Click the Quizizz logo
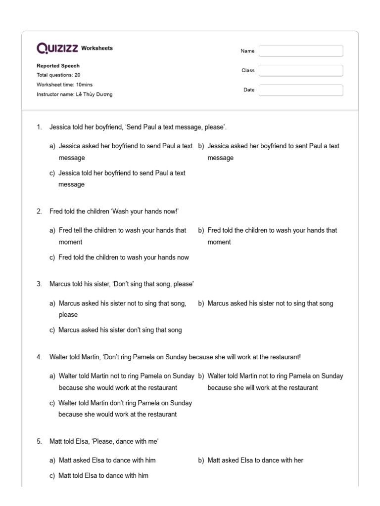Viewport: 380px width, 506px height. click(57, 48)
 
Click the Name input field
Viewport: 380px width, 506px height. click(301, 51)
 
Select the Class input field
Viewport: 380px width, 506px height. click(301, 71)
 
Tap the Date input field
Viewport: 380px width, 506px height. click(301, 90)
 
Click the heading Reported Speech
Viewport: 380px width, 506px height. click(58, 66)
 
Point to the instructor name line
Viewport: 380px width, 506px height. click(74, 94)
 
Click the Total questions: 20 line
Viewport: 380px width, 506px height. click(58, 75)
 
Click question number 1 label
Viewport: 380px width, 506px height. click(39, 127)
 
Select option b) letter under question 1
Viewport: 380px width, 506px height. click(201, 146)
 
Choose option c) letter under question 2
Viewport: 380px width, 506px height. click(52, 257)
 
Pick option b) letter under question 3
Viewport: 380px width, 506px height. click(201, 303)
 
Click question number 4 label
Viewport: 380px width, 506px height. click(39, 357)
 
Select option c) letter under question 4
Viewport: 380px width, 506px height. click(52, 403)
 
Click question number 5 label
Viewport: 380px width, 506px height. click(39, 441)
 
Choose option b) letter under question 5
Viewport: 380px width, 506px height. click(201, 460)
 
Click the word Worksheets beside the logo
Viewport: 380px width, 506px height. click(97, 48)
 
